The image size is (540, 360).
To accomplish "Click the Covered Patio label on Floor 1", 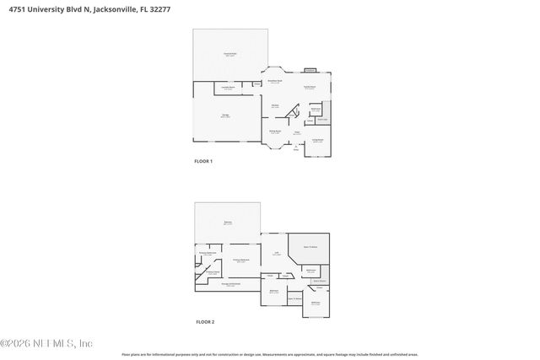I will click(x=229, y=55).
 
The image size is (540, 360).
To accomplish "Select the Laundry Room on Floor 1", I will click(x=228, y=88).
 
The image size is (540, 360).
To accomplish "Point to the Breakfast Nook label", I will click(x=275, y=82).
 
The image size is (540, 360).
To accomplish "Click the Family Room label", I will click(x=310, y=88).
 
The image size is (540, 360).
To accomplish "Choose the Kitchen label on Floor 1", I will click(x=275, y=107).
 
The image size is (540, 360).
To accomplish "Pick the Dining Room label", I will click(x=275, y=132).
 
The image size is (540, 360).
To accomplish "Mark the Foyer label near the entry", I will click(x=297, y=132).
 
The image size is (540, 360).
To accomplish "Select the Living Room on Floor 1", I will click(x=318, y=141).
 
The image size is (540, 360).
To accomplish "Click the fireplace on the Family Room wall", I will click(x=310, y=70).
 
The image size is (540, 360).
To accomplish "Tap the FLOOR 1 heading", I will click(x=204, y=161).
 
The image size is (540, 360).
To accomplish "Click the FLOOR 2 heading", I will click(x=205, y=322).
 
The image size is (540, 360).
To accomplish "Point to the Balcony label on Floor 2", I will click(x=228, y=223).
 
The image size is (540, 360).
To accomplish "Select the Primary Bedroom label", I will click(x=240, y=261).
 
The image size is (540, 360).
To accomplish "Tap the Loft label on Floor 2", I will click(x=275, y=254).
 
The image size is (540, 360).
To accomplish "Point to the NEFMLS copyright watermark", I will click(x=46, y=343).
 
